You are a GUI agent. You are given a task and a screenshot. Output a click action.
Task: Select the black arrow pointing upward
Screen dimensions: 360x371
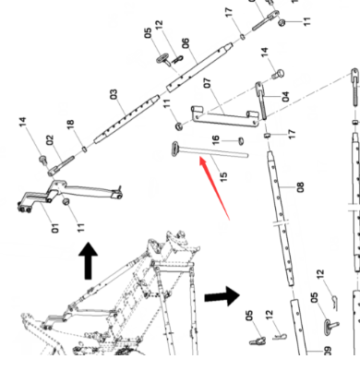tap(89, 261)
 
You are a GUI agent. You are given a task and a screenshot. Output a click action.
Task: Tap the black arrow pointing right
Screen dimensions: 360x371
tap(222, 296)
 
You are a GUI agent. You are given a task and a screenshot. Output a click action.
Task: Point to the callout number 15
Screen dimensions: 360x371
tap(224, 176)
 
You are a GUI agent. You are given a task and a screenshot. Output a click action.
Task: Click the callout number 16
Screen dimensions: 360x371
tap(216, 140)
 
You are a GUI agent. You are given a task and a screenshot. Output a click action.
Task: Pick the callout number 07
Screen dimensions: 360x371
tap(208, 83)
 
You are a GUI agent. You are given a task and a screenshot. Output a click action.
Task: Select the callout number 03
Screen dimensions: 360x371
tap(114, 94)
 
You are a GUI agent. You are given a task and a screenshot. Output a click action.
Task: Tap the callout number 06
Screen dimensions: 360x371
tap(186, 43)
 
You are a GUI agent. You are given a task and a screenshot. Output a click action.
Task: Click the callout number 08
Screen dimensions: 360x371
tap(300, 187)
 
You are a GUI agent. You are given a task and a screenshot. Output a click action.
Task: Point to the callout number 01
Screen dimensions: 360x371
tap(54, 228)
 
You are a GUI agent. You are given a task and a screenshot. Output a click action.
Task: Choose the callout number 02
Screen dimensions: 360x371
tap(50, 140)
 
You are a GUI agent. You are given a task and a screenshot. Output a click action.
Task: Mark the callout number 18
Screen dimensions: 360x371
tap(70, 125)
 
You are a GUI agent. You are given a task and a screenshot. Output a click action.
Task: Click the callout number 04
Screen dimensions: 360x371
tap(286, 96)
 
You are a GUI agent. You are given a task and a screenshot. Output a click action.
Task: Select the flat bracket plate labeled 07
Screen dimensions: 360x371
tap(225, 116)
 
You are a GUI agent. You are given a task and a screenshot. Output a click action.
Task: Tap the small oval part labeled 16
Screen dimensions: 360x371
tap(241, 141)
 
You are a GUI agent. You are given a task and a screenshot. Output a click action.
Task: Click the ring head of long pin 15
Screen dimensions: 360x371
tap(175, 149)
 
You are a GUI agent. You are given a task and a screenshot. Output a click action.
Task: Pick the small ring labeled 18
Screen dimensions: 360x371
tap(85, 150)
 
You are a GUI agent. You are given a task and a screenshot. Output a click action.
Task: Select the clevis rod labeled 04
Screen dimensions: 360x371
tap(260, 100)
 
